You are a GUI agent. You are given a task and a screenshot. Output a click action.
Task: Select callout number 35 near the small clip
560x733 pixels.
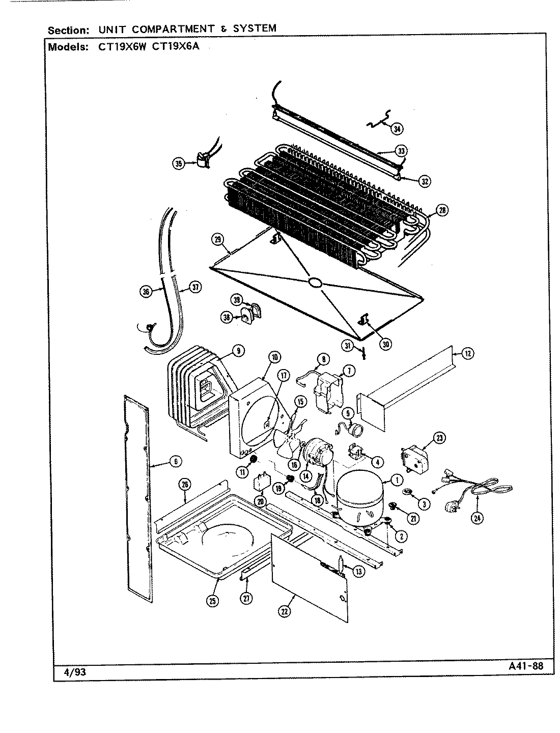(178, 163)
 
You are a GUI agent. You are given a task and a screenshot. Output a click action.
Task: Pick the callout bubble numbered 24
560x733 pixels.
(477, 518)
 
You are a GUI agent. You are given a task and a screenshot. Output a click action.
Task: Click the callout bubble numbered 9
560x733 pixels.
(238, 350)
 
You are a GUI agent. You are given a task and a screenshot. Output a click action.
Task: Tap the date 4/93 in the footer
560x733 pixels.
(75, 672)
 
